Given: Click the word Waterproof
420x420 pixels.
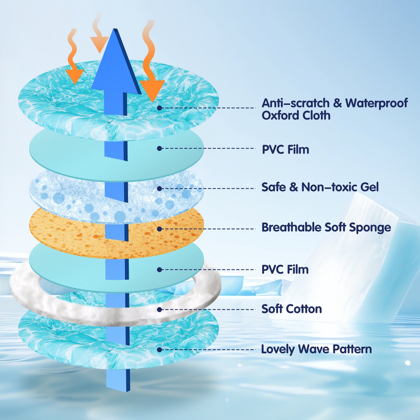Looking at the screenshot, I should [x=376, y=103].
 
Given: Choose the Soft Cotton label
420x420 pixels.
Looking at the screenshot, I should [x=292, y=309].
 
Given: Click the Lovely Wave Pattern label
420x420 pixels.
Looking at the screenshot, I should [x=316, y=349].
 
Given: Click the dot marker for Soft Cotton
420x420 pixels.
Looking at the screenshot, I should [x=160, y=309].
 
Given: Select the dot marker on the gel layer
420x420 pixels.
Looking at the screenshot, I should [x=160, y=189].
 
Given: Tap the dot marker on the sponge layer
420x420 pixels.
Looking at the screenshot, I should [x=160, y=229].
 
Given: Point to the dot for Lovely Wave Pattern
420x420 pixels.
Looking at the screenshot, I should [x=160, y=350].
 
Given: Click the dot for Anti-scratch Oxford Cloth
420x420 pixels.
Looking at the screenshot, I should [x=160, y=108].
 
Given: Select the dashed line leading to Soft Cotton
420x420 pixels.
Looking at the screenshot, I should [x=210, y=309].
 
